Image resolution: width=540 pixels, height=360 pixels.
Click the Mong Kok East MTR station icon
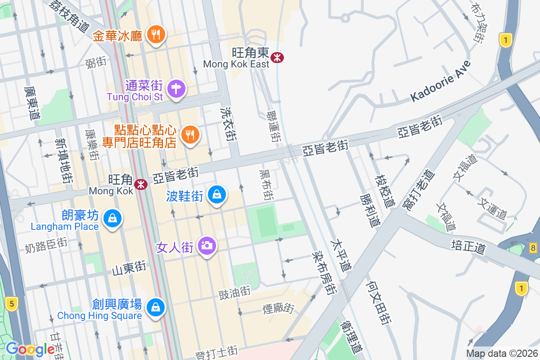(x=277, y=57)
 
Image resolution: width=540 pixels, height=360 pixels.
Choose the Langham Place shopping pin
(x=112, y=219)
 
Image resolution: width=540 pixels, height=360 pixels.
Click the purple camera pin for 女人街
(x=207, y=245)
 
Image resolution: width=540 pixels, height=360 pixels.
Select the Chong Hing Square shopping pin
(x=156, y=307)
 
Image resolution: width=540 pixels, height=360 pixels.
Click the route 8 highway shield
(x=533, y=247)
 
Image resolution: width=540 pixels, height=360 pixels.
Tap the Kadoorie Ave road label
(x=441, y=81)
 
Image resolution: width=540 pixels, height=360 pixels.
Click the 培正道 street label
(x=468, y=245)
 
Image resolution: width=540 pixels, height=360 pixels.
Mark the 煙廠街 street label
(x=279, y=309)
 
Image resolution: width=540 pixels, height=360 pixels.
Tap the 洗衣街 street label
(x=228, y=124)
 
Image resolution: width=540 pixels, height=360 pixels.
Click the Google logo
(x=30, y=349)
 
